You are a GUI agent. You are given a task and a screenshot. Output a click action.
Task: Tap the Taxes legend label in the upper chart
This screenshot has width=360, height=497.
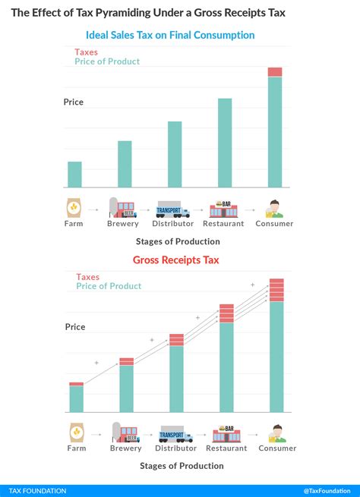[x=86, y=52]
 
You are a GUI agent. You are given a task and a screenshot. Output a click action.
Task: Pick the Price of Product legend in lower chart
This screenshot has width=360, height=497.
[x=109, y=286]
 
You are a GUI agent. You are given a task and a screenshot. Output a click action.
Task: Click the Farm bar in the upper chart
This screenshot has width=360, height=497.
[x=74, y=175]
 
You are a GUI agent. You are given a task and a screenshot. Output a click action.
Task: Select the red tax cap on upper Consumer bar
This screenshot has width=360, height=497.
[x=275, y=72]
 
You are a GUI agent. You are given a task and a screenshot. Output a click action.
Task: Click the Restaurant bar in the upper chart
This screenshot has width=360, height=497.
[x=225, y=143]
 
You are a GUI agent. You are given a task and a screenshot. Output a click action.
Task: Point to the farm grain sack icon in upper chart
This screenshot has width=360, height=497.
[x=74, y=208]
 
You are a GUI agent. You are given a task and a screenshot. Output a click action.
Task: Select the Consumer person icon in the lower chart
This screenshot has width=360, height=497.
[x=276, y=433]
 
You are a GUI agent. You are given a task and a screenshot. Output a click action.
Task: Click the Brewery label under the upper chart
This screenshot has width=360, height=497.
[x=123, y=224]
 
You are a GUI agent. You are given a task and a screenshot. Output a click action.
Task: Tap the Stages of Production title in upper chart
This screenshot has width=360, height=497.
[x=178, y=241]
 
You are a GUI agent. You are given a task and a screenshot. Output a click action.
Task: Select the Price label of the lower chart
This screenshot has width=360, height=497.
[x=75, y=327]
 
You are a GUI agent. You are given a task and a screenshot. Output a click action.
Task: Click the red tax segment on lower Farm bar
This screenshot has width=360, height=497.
[x=77, y=384]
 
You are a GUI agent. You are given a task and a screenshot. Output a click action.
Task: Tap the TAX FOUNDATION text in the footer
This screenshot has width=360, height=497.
[x=38, y=491]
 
